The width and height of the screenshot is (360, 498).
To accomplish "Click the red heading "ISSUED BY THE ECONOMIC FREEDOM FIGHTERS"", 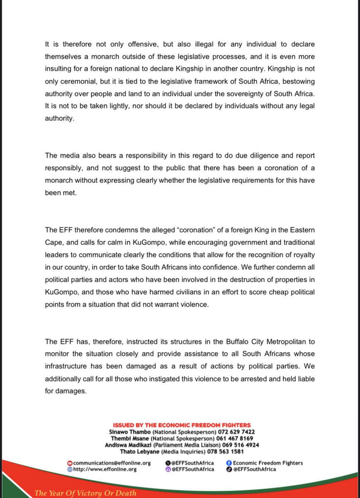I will [x=182, y=425].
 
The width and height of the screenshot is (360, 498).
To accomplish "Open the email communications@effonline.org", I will [x=112, y=463].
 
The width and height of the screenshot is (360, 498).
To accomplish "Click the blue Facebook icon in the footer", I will [x=229, y=463].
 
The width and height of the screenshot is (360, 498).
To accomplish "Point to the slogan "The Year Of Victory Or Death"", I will [x=85, y=493].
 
